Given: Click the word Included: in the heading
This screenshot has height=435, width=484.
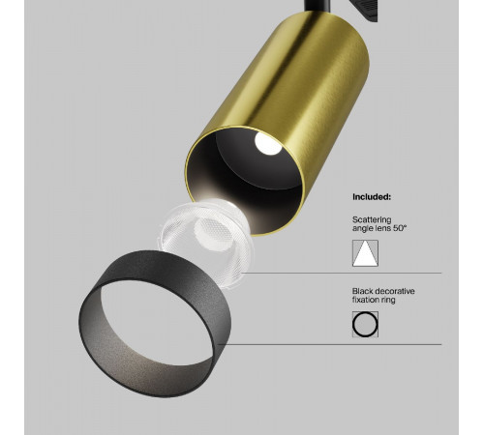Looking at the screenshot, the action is [372, 197].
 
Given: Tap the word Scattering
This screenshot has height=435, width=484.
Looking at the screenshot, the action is [372, 219].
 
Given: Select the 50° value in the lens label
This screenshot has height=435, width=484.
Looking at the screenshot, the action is [400, 228].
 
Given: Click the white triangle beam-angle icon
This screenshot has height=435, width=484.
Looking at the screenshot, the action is [365, 253].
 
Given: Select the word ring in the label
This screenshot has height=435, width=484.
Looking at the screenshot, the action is [387, 301].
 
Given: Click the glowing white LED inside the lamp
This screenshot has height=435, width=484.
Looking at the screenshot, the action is [268, 143].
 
